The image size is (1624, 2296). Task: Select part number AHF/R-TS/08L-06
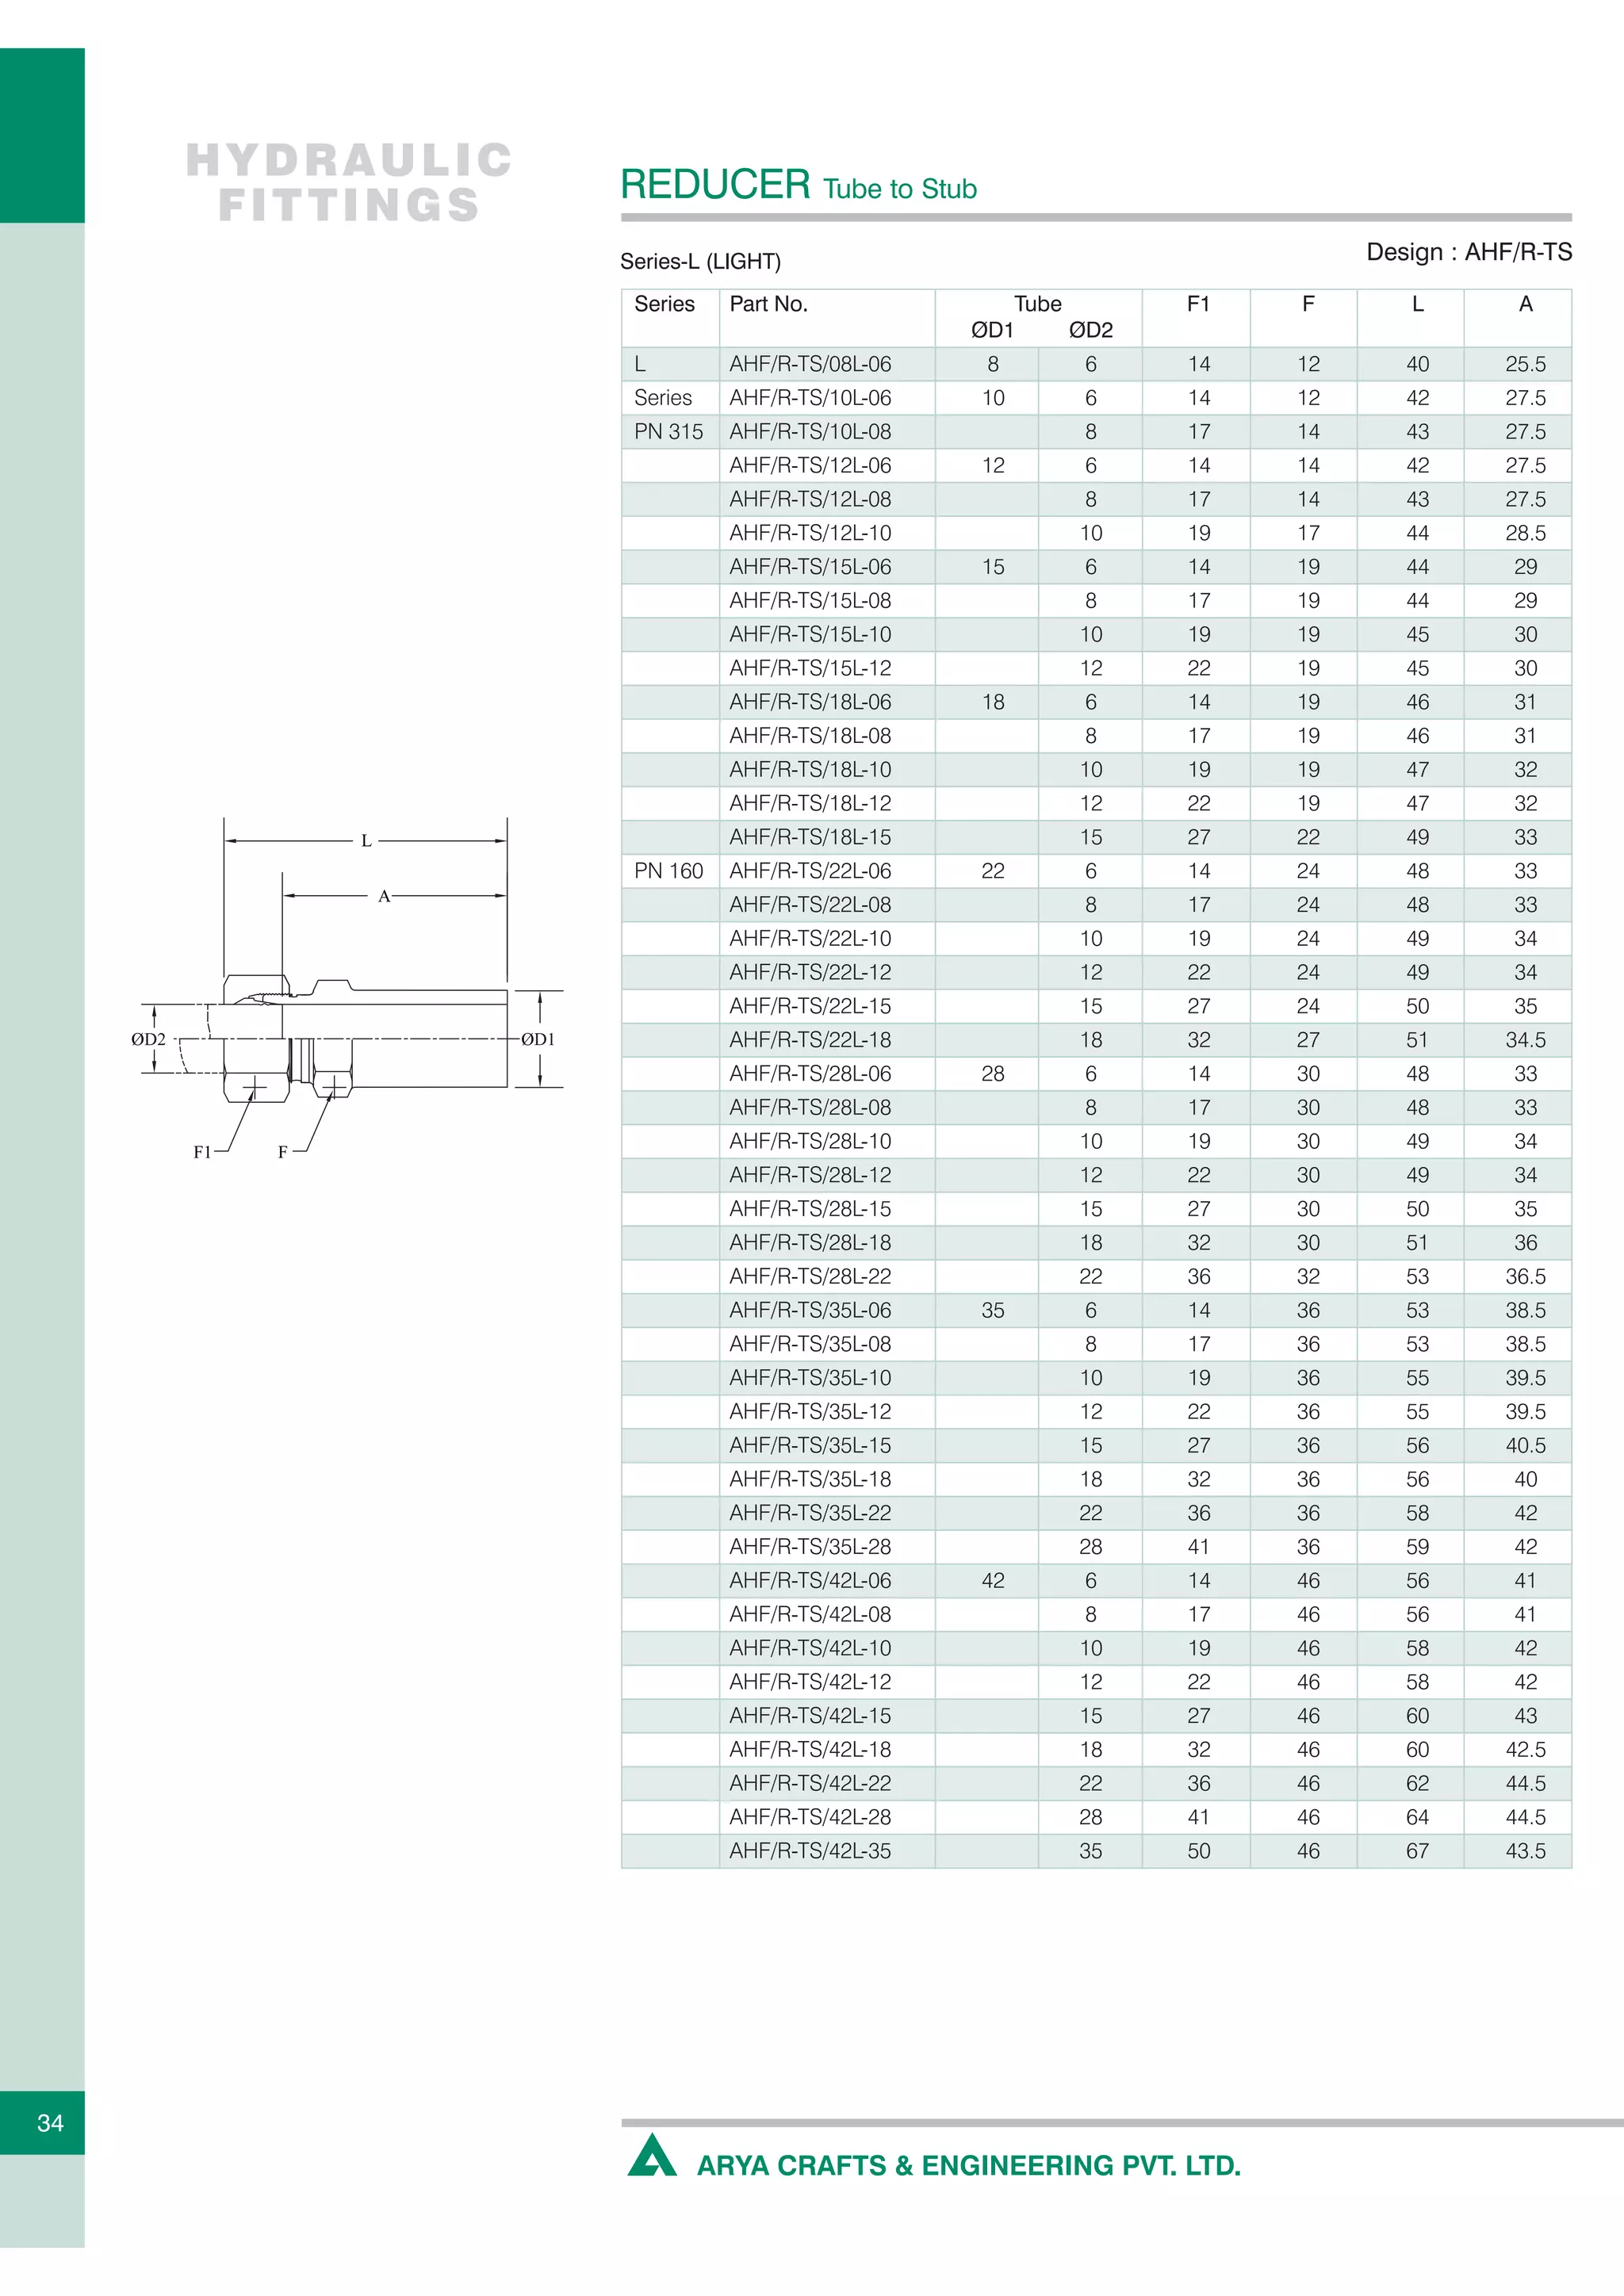click(x=810, y=364)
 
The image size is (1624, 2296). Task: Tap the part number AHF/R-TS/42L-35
click(x=810, y=1851)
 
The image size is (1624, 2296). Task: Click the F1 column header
click(x=1197, y=304)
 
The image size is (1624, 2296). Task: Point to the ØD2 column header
click(x=1090, y=330)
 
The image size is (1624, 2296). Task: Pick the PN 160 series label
click(x=668, y=871)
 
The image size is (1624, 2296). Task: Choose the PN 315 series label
click(x=668, y=432)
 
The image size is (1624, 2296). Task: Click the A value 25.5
click(x=1525, y=364)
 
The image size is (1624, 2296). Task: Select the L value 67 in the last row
click(x=1417, y=1851)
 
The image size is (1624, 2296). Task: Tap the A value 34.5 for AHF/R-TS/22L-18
click(x=1525, y=1040)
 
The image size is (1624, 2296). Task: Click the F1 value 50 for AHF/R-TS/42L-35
click(x=1198, y=1851)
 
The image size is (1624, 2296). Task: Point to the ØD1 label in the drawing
click(x=538, y=1039)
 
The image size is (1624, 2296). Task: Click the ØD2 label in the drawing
click(x=148, y=1039)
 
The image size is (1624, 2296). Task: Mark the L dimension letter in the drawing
click(x=366, y=841)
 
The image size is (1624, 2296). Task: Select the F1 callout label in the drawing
click(x=202, y=1152)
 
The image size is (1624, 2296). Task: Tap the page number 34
click(x=50, y=2123)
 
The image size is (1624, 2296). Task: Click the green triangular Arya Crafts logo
click(x=652, y=2157)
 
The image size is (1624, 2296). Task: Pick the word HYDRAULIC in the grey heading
click(x=349, y=160)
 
